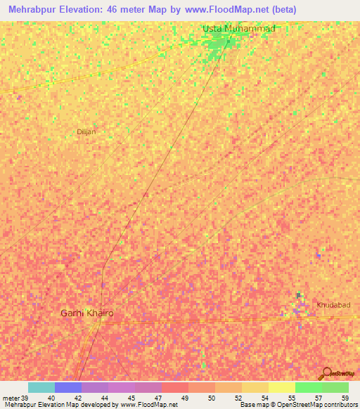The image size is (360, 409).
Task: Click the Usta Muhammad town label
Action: tap(238, 28)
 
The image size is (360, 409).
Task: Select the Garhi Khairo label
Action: tap(86, 313)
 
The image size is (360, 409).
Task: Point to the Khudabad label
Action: tap(333, 305)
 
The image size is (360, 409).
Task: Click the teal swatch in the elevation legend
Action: tap(41, 387)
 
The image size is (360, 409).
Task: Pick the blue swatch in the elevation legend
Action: tap(68, 387)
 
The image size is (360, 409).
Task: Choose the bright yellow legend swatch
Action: tap(282, 387)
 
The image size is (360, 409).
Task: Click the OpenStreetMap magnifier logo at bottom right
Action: tap(326, 373)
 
